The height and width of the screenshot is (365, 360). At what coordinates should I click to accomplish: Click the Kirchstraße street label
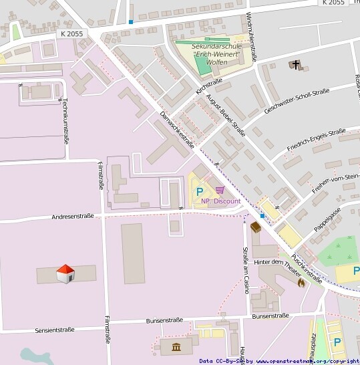tap(208, 85)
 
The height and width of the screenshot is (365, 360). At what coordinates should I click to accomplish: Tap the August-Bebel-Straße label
tap(226, 115)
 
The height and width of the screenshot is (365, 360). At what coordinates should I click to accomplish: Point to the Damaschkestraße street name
tap(177, 128)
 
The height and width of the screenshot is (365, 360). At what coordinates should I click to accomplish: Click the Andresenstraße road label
tap(73, 217)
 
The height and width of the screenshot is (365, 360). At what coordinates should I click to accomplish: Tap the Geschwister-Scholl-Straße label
tap(296, 100)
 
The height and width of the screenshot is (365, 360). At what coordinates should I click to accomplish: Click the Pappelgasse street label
tap(328, 219)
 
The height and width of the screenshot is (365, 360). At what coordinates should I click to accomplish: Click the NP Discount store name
tap(220, 201)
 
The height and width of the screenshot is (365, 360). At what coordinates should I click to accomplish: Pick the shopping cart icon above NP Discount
tap(220, 191)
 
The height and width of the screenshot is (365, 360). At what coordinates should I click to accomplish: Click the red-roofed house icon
tap(64, 273)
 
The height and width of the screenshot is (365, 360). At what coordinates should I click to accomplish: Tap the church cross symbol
tap(295, 65)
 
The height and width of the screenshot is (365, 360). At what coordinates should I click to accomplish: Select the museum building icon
tap(176, 347)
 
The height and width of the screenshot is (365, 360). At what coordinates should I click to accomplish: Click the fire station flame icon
tap(301, 282)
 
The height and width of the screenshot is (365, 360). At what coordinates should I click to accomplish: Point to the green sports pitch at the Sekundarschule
tap(201, 65)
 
